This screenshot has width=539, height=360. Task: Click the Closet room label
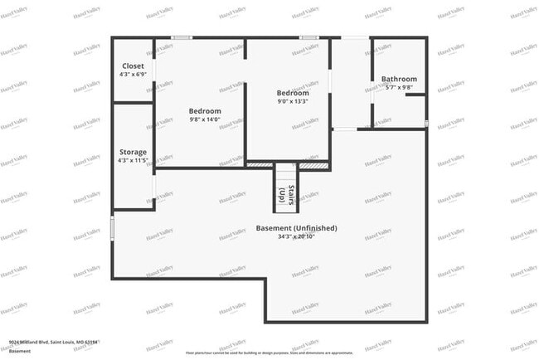tap(133, 66)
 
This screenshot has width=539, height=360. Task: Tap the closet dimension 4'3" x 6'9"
tap(133, 75)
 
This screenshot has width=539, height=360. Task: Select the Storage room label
tap(133, 152)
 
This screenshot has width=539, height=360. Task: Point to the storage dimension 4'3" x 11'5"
tap(133, 161)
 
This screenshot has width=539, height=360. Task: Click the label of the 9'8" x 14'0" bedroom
tap(205, 111)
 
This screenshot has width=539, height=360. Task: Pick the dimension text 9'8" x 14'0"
tap(205, 120)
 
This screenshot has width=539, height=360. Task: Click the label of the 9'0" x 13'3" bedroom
tap(293, 93)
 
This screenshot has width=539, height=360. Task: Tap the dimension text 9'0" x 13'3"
tap(293, 102)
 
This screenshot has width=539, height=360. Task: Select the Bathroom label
tap(399, 80)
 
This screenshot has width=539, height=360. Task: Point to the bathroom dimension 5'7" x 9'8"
tap(399, 88)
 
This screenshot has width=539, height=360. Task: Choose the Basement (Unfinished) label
tap(296, 228)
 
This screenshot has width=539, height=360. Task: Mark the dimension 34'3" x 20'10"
tap(296, 237)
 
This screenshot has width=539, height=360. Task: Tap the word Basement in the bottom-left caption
tap(20, 351)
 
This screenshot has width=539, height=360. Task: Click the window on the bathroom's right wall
tap(426, 124)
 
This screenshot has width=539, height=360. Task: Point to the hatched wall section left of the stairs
tap(260, 165)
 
